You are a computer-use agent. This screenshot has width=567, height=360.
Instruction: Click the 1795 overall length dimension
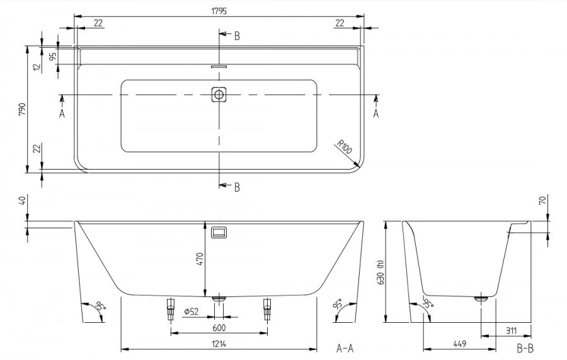pos(219,11)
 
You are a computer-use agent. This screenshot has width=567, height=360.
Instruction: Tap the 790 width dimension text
pos(22,109)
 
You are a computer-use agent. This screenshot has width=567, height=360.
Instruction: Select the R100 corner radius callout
pos(344,147)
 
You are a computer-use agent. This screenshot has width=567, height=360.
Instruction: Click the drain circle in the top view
pos(219,95)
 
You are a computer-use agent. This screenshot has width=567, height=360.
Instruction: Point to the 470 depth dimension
pos(200,259)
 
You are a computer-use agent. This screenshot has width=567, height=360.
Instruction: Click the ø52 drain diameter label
pos(192,311)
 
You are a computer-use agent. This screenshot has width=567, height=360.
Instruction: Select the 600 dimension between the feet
pos(219,328)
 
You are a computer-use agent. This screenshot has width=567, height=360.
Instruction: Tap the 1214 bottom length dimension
pos(219,344)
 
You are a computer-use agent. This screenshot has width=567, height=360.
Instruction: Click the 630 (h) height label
pos(381,273)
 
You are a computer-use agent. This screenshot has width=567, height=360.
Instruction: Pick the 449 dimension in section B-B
pos(459,344)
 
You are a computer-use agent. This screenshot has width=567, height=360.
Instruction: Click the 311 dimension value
pos(511,331)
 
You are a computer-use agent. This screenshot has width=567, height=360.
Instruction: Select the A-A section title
pos(345,349)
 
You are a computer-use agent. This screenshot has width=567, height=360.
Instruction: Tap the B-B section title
pos(525,349)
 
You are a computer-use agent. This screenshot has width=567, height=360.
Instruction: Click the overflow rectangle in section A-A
pos(219,232)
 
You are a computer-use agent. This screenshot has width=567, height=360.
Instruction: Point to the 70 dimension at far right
pos(543,200)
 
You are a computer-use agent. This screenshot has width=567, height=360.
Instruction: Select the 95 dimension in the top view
pos(53,56)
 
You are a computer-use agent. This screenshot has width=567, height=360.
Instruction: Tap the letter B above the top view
pos(237,36)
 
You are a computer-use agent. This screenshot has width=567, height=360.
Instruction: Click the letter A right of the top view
pos(375,113)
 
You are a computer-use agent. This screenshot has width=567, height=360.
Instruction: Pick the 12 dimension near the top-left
pos(37,67)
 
